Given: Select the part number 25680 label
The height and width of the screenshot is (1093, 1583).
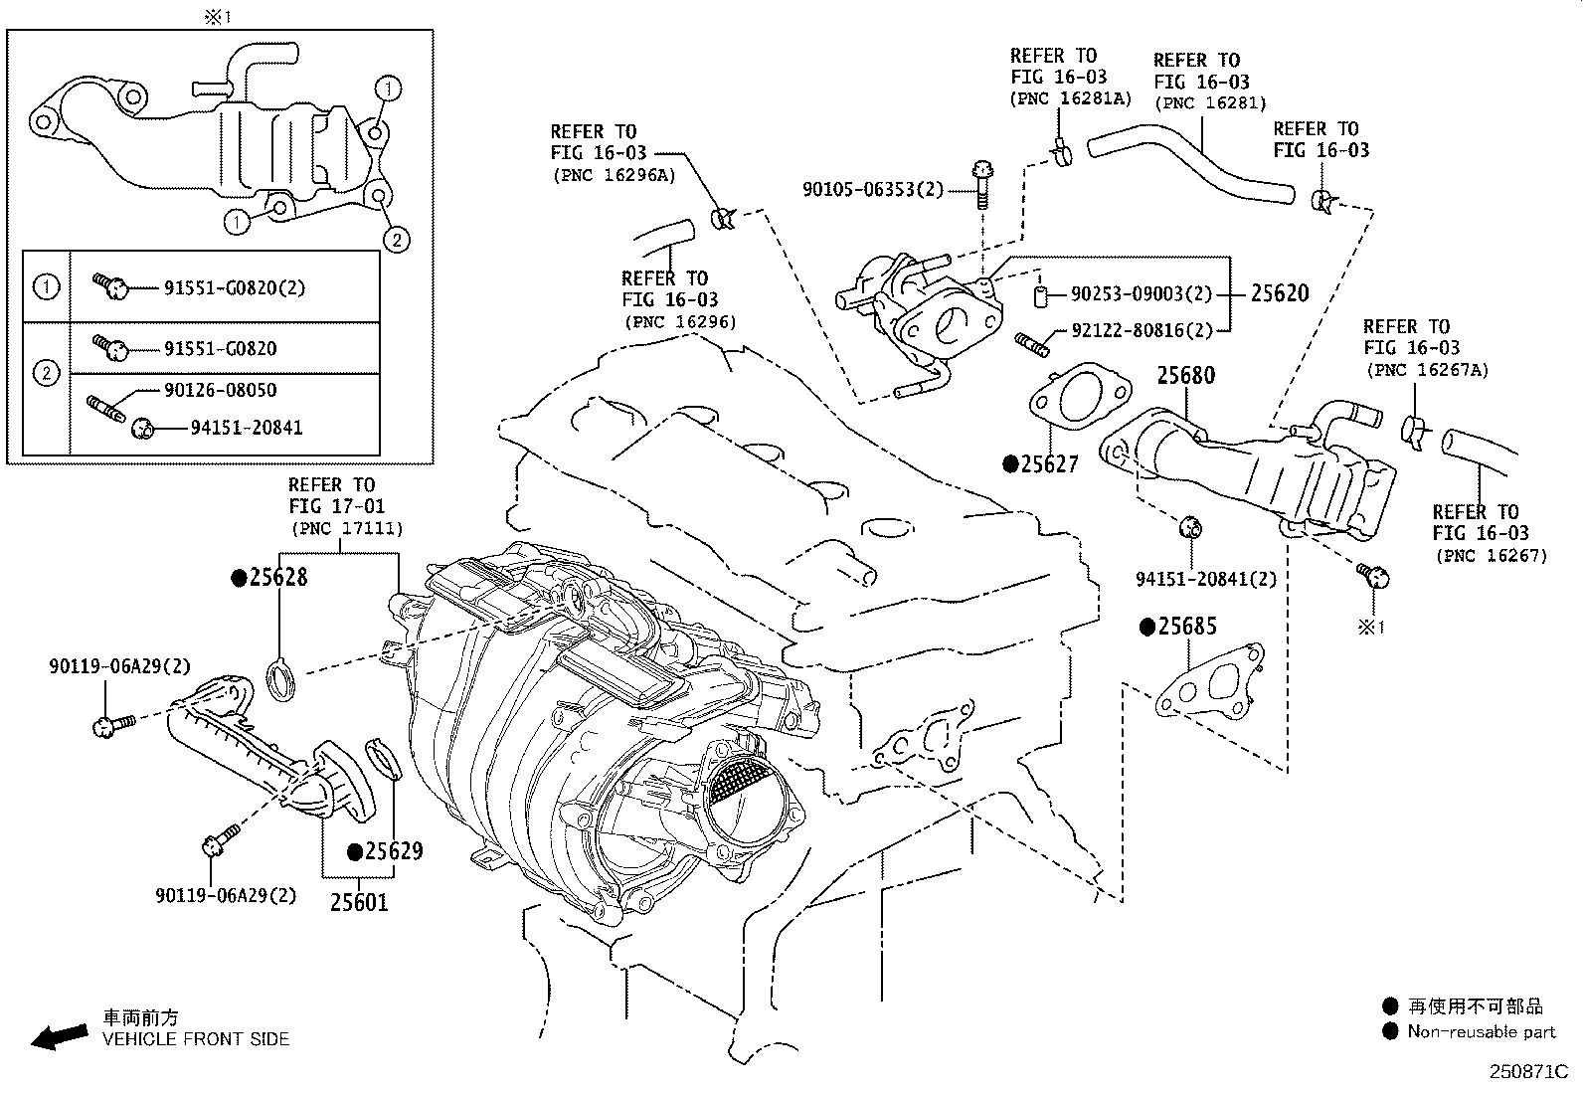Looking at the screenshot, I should (x=1185, y=376).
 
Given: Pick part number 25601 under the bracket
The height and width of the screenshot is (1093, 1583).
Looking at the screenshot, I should (x=359, y=902).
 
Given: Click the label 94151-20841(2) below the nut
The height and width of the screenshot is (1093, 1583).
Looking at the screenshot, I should (x=1206, y=579).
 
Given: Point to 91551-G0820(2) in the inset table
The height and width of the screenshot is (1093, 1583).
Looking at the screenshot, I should (x=234, y=288).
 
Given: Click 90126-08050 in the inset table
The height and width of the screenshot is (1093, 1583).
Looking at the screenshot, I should (x=220, y=390).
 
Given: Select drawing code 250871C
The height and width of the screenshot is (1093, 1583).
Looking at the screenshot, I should (x=1527, y=1072).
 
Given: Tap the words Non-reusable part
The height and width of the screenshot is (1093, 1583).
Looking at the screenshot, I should (x=1481, y=1031).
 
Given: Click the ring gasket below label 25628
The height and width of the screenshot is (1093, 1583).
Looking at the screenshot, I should (x=281, y=681).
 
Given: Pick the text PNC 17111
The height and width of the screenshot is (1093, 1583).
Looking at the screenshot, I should (x=346, y=529).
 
